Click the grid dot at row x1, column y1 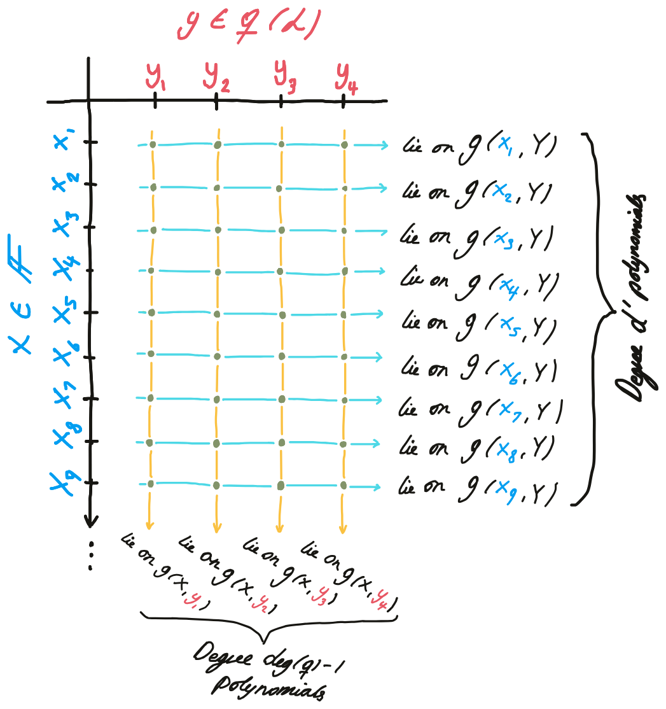(153, 145)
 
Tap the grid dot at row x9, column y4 (343, 485)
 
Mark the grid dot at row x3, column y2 (218, 230)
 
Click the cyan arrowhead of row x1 (384, 146)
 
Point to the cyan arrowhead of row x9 (378, 488)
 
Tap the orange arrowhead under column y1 (149, 526)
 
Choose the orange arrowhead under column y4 (343, 529)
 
